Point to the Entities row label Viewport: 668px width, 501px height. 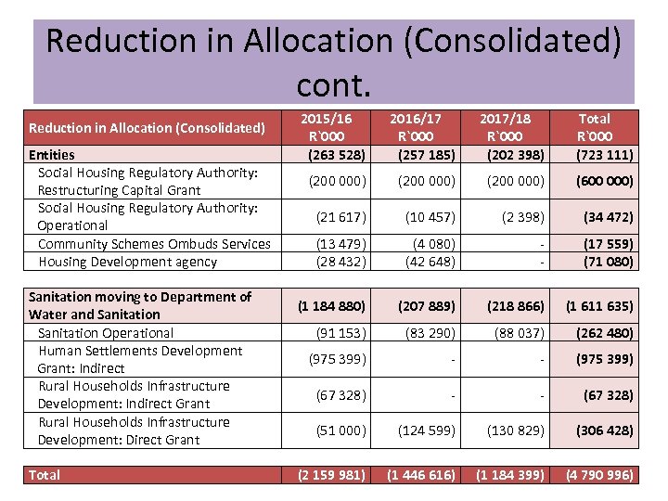(52, 155)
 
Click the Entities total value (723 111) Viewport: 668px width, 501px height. (603, 154)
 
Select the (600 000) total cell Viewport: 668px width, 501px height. (603, 181)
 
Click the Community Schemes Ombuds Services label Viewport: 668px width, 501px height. (154, 244)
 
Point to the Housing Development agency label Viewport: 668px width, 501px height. (127, 262)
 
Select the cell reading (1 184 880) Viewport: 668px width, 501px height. (331, 305)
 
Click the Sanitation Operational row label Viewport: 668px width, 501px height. (106, 332)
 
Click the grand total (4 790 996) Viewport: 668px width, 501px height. (600, 475)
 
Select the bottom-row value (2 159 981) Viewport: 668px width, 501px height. (331, 475)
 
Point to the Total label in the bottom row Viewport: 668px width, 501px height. (45, 475)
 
